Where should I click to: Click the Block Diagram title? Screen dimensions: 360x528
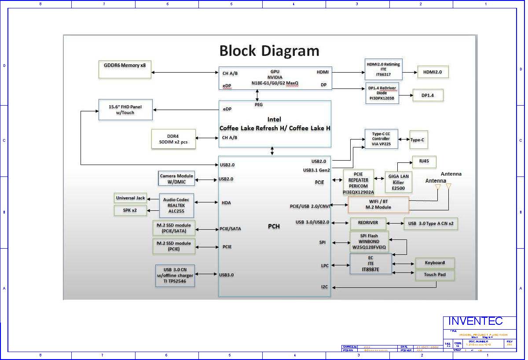(269, 51)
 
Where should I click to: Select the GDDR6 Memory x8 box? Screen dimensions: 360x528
(125, 69)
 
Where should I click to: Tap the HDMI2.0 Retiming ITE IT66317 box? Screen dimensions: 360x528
(383, 69)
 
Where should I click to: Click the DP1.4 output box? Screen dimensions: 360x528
(427, 95)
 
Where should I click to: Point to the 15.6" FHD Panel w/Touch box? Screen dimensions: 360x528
(125, 110)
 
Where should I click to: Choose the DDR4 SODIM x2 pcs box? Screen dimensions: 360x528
(173, 139)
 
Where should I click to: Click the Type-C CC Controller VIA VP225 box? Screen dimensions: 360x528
(381, 139)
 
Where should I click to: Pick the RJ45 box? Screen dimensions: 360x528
(424, 162)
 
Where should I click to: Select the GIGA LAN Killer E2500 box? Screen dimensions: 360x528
(398, 182)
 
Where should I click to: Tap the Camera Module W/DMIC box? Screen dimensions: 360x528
(176, 179)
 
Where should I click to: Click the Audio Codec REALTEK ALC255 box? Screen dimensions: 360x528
(176, 205)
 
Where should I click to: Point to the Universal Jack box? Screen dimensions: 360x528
(130, 198)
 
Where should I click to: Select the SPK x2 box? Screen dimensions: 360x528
(130, 210)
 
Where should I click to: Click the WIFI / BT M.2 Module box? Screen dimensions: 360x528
(378, 205)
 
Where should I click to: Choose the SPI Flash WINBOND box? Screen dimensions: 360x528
(369, 242)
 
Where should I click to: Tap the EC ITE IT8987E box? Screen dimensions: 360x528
(370, 264)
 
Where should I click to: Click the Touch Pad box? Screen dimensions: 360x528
(435, 275)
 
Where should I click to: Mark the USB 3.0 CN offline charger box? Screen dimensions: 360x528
(175, 276)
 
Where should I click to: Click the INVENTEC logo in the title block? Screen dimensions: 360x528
(475, 321)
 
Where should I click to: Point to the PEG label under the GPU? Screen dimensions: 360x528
(259, 105)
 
